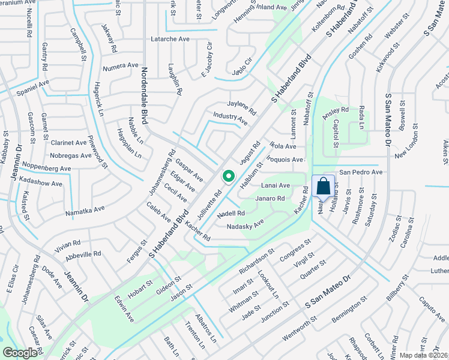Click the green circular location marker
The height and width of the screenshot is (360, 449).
[228, 176]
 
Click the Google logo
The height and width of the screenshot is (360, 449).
[19, 353]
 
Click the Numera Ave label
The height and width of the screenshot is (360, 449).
[120, 65]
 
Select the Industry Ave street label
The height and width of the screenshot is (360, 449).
[230, 118]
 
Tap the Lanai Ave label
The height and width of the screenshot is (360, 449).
[276, 186]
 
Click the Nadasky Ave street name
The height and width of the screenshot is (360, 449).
[246, 226]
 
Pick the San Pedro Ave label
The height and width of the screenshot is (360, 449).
[361, 172]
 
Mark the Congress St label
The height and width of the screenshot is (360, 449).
[295, 250]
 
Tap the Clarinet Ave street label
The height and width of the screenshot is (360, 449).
[68, 143]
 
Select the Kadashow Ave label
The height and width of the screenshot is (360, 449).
[41, 184]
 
